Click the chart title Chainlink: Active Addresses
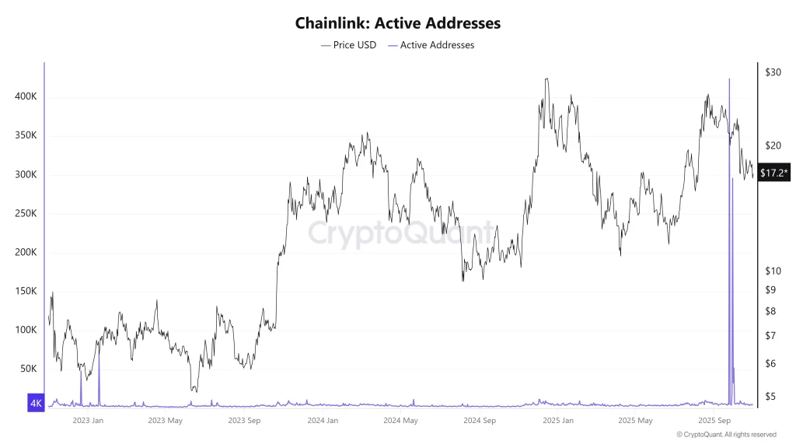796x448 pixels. (397, 23)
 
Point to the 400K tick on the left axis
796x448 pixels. (26, 96)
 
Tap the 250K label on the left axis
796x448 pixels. (26, 213)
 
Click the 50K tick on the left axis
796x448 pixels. (29, 369)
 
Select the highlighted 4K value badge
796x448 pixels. (36, 403)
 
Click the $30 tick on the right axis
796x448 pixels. (773, 72)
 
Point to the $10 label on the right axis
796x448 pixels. (773, 271)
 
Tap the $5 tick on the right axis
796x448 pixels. (770, 397)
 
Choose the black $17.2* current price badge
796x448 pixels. (774, 172)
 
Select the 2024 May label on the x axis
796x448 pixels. (400, 421)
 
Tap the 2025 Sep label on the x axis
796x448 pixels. (714, 421)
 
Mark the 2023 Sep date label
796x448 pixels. (243, 421)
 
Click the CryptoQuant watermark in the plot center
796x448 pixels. (401, 232)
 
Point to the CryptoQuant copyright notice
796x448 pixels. (726, 435)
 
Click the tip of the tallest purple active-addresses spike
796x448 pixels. (729, 79)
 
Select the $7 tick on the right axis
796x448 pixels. (770, 336)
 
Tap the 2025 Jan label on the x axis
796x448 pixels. (557, 421)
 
